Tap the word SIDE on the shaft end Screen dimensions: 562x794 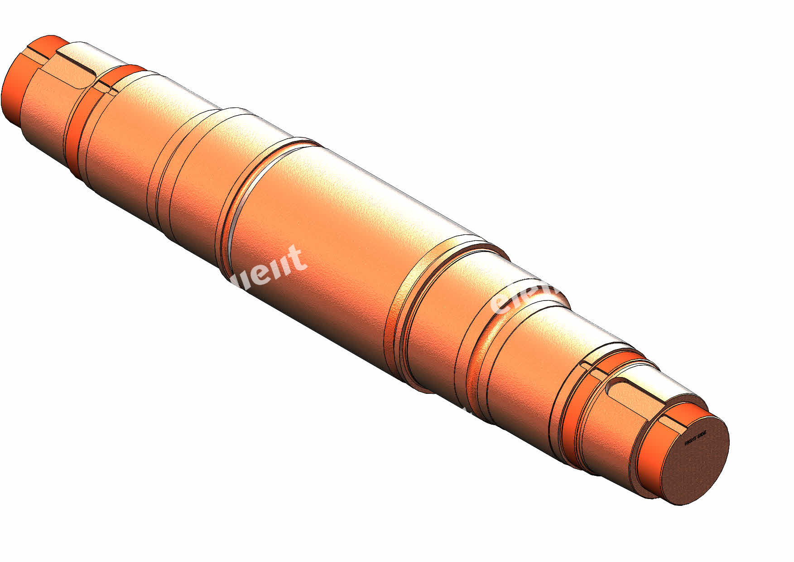[701, 436]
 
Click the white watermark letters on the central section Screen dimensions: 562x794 [272, 270]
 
